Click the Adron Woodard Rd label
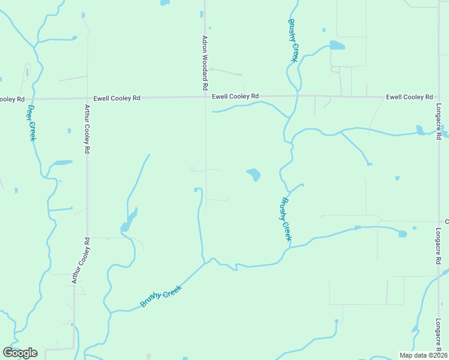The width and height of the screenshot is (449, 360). (x=205, y=63)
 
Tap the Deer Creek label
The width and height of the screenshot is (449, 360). (x=32, y=123)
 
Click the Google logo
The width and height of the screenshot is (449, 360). (x=20, y=353)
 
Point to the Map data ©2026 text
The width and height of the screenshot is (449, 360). (x=423, y=355)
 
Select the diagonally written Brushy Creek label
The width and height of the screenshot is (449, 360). (x=160, y=295)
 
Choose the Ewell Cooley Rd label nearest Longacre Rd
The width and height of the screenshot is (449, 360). (x=409, y=97)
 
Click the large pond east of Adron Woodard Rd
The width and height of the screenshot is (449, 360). (x=254, y=175)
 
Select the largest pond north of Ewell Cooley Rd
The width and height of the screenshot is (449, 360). (x=337, y=46)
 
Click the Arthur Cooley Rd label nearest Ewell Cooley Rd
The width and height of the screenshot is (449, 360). (x=87, y=130)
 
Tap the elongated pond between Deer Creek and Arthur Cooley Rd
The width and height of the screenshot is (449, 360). (x=63, y=163)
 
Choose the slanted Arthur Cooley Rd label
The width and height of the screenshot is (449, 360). (x=80, y=260)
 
